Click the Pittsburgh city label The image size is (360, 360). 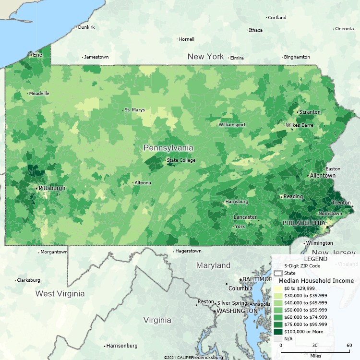tap(52, 188)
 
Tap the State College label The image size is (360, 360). tap(181, 160)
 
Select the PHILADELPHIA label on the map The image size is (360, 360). tap(303, 223)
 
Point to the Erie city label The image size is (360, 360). tap(37, 55)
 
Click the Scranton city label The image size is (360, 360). tap(310, 112)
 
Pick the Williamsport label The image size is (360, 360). tap(232, 124)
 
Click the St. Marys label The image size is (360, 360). tap(134, 110)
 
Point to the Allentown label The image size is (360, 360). tap(322, 176)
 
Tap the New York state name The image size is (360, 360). tap(205, 57)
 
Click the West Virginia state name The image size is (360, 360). tap(60, 293)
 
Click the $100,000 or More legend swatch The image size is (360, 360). tap(278, 331)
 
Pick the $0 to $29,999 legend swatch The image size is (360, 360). tap(278, 288)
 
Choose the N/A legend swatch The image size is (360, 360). tap(278, 338)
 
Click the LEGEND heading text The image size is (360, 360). tap(315, 259)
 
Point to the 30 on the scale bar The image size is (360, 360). tap(315, 345)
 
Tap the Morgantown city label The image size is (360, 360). tap(54, 252)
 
